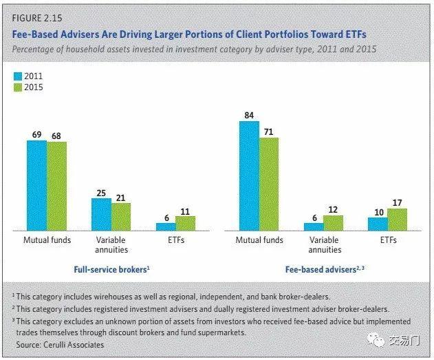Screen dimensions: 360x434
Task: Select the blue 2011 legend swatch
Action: [19, 76]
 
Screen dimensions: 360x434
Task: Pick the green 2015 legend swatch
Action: [19, 87]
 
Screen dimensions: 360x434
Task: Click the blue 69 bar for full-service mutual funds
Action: [37, 184]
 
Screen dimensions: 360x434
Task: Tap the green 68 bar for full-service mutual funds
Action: [56, 185]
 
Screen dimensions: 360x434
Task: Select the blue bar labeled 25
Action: [101, 213]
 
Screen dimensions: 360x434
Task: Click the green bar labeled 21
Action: [120, 216]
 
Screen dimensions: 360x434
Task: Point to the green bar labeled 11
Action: [185, 223]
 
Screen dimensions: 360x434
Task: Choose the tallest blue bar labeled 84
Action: [249, 175]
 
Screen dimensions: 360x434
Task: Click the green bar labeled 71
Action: [268, 183]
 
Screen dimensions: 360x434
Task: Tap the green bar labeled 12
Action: [333, 222]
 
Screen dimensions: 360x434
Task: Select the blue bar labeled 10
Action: [377, 224]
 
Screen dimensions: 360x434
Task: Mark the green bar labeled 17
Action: [397, 219]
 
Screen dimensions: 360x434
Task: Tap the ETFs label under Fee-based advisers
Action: [387, 240]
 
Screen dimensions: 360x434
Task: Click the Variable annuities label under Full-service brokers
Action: [111, 245]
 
